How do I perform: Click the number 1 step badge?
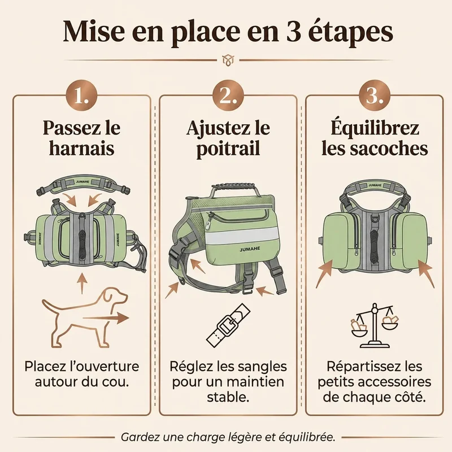(x=81, y=95)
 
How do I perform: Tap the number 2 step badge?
(x=228, y=95)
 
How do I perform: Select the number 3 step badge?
(x=375, y=95)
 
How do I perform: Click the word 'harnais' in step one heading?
(x=81, y=148)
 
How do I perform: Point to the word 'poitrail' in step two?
(x=228, y=149)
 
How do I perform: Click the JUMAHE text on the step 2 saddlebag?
(x=250, y=250)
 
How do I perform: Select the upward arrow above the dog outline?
(x=82, y=284)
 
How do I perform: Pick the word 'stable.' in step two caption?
(x=228, y=397)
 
